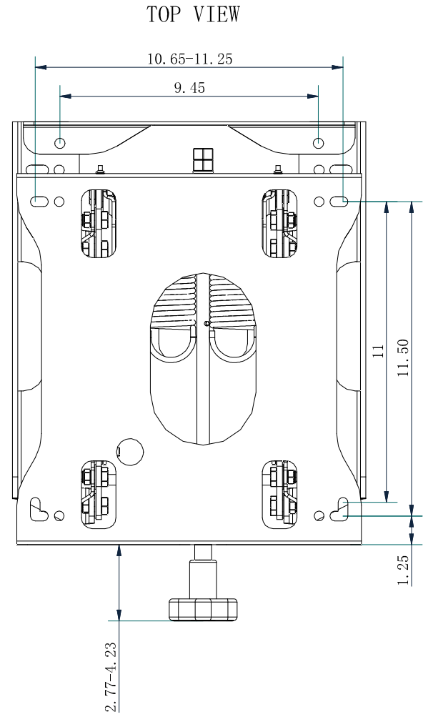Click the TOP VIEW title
(193, 14)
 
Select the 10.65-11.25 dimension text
(189, 59)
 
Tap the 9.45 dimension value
(189, 88)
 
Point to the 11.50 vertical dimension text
(404, 357)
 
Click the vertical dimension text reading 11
(379, 350)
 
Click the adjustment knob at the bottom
(203, 608)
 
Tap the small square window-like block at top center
(203, 159)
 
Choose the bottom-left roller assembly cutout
(96, 493)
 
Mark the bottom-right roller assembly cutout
(279, 493)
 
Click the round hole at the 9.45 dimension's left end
(60, 143)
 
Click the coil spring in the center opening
(203, 300)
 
